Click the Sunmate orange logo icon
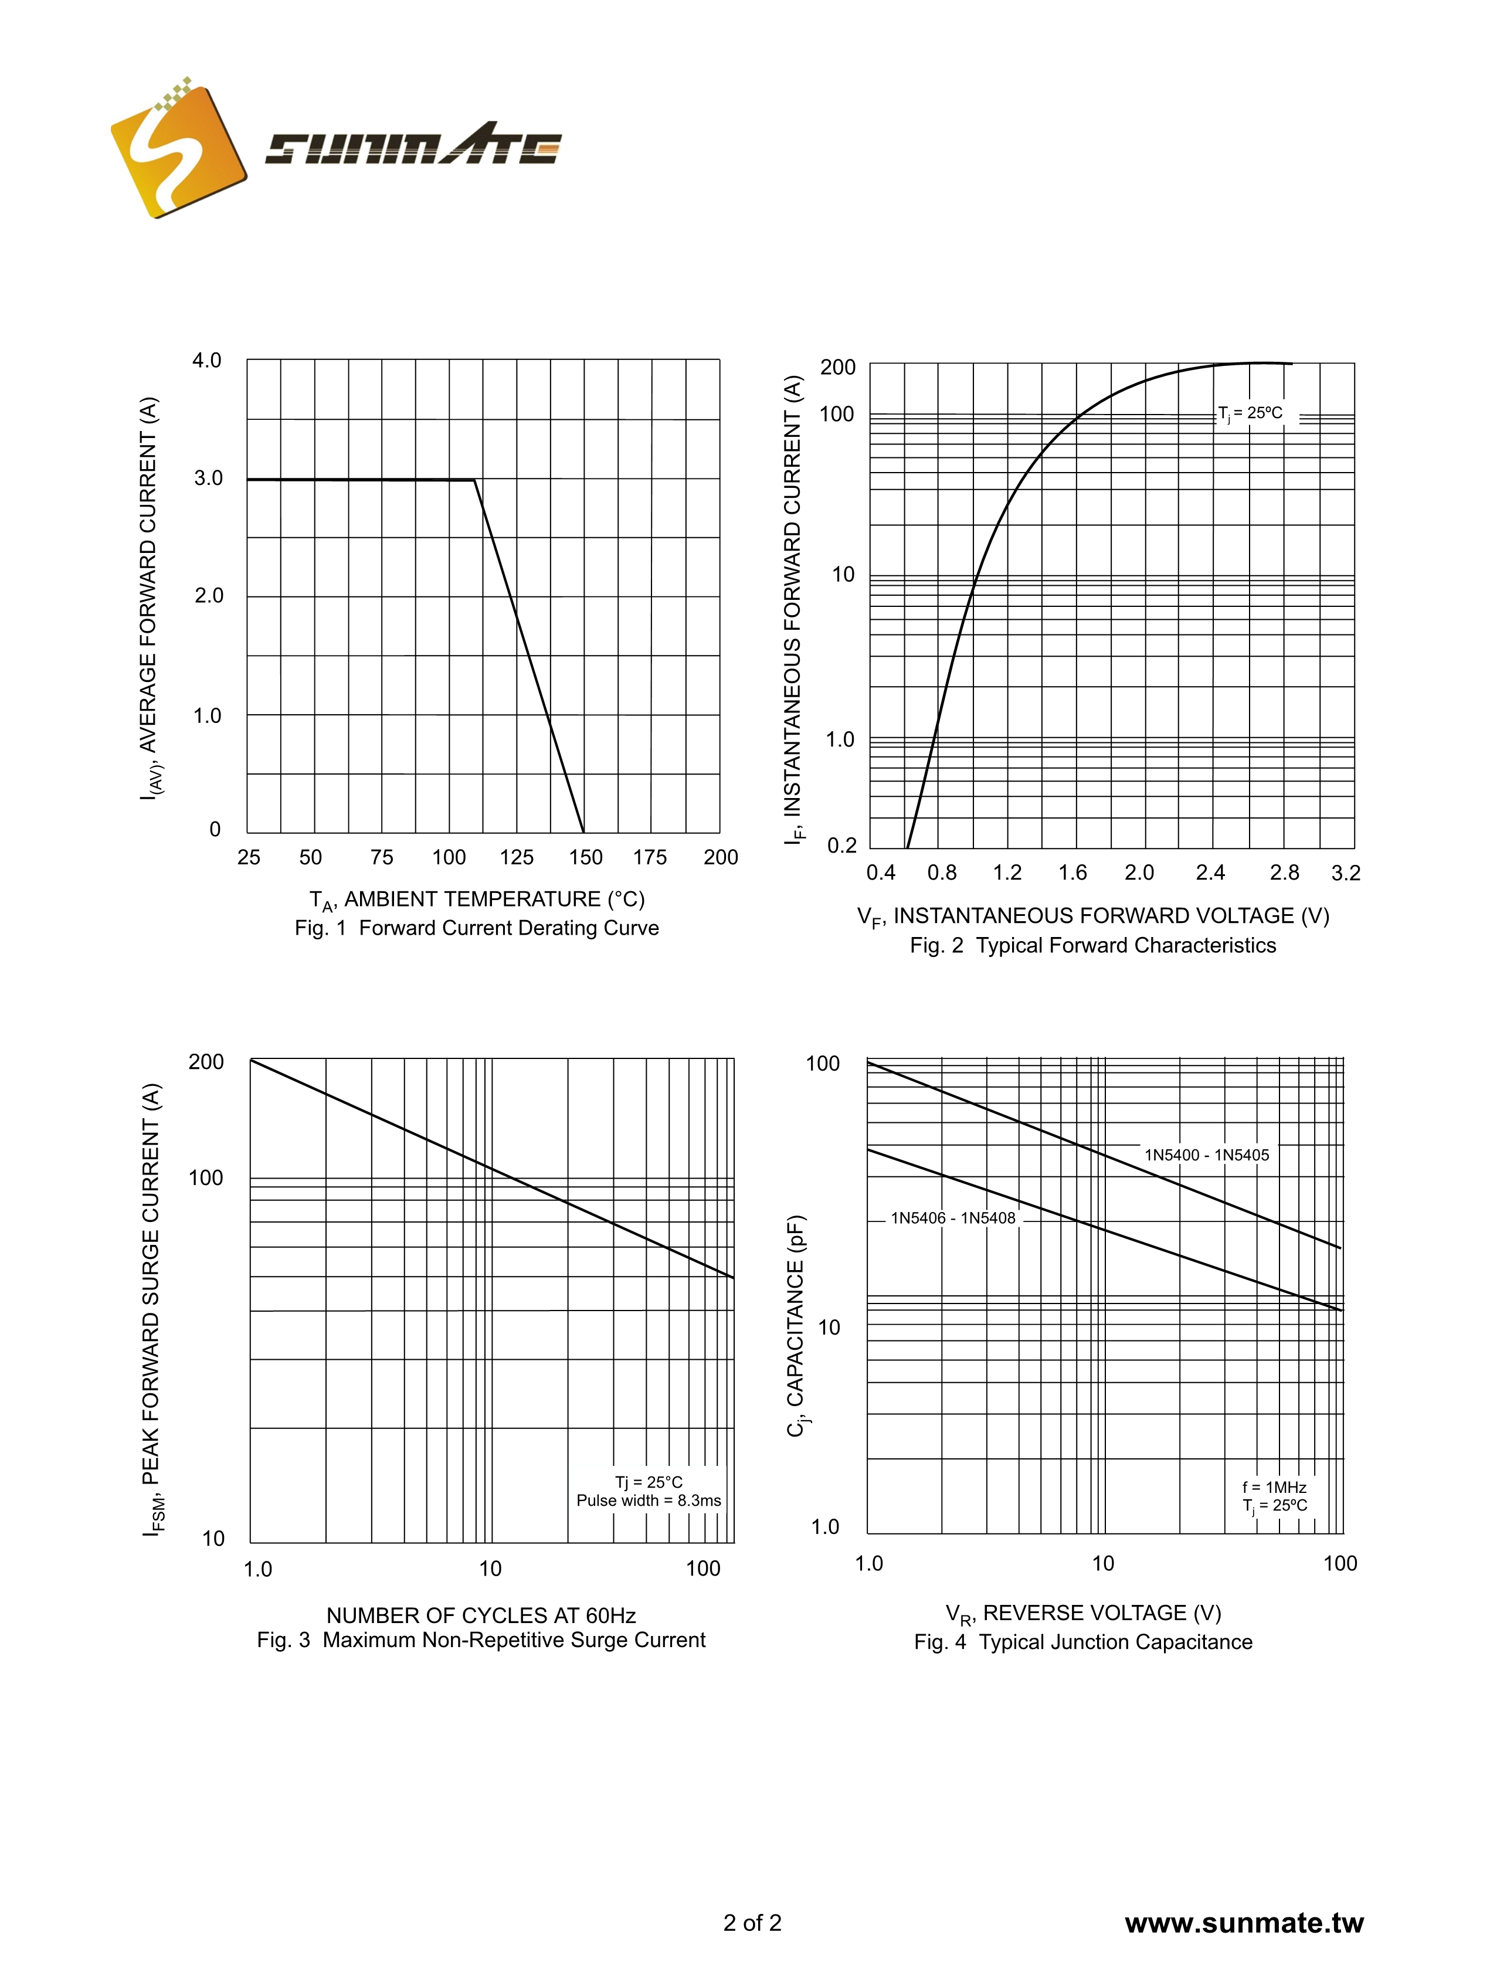click(x=177, y=150)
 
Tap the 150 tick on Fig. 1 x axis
click(x=585, y=857)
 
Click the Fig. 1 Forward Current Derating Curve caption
click(x=476, y=928)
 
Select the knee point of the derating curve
click(x=474, y=480)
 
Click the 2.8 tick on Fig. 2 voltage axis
click(x=1284, y=873)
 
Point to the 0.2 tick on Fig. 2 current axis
click(x=841, y=846)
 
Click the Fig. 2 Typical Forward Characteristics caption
click(x=1092, y=946)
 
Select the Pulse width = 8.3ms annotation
click(x=648, y=1501)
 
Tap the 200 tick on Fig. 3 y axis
click(x=206, y=1062)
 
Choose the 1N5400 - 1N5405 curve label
click(x=1206, y=1155)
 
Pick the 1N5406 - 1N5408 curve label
click(x=953, y=1218)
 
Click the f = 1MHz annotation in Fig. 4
click(x=1274, y=1487)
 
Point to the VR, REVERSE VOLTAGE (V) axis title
click(x=1083, y=1613)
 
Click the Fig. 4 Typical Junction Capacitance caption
click(x=1083, y=1642)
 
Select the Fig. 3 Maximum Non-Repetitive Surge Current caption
click(x=481, y=1640)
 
